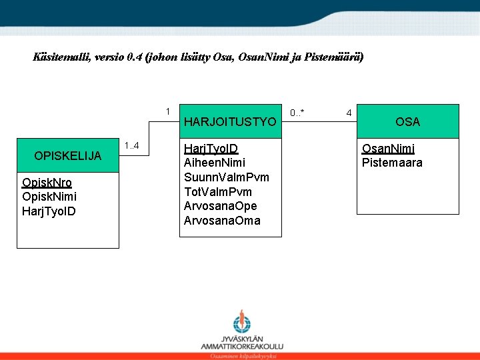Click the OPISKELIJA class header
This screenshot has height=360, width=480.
pyautogui.click(x=68, y=156)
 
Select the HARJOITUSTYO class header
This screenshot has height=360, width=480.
pyautogui.click(x=229, y=122)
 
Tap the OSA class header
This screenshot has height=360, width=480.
pyautogui.click(x=407, y=121)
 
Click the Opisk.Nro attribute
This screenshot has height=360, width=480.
pyautogui.click(x=47, y=183)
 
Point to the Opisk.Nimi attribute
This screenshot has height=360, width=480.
pyautogui.click(x=49, y=197)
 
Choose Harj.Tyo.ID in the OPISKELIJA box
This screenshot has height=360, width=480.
pyautogui.click(x=49, y=211)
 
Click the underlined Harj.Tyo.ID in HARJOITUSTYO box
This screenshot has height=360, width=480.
pyautogui.click(x=211, y=148)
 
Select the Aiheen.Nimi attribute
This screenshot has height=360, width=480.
pyautogui.click(x=214, y=163)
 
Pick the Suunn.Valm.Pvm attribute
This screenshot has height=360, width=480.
pyautogui.click(x=227, y=177)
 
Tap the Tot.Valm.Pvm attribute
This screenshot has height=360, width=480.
pyautogui.click(x=217, y=192)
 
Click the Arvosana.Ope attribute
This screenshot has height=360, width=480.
pyautogui.click(x=220, y=206)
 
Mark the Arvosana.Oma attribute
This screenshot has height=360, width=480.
pyautogui.click(x=221, y=221)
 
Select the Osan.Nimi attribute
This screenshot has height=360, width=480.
pyautogui.click(x=388, y=149)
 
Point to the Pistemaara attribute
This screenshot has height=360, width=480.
pyautogui.click(x=392, y=163)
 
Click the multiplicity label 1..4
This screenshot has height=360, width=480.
pyautogui.click(x=131, y=146)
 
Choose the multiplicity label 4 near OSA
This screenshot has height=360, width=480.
pyautogui.click(x=349, y=113)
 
